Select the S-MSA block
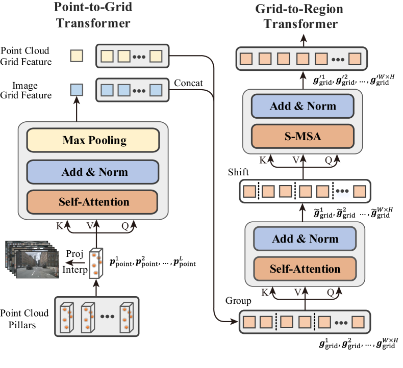coord(303,136)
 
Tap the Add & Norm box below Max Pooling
coord(93,172)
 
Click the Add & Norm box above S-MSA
coord(303,106)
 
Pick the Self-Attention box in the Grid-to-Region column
coord(305,269)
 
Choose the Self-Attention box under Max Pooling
coord(93,202)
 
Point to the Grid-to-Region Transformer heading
coord(299,16)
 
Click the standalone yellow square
coord(77,56)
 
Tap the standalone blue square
coord(77,90)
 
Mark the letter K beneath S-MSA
coord(263,160)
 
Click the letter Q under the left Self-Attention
coord(124,225)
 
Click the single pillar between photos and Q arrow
coord(95,263)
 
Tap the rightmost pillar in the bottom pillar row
coord(126,317)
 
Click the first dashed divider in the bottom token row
coord(276,322)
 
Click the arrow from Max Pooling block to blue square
coord(77,109)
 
